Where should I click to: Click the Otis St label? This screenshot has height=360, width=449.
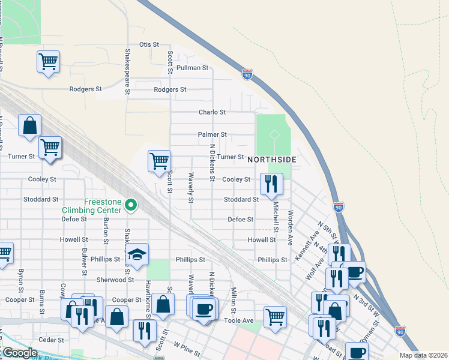point(149,44)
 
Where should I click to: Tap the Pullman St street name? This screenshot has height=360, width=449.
point(192,68)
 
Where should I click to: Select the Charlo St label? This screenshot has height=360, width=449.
point(212,112)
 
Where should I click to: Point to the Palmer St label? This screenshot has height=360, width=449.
point(212,135)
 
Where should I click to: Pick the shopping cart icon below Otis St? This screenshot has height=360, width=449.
point(48,61)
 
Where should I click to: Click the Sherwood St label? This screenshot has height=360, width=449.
point(115,280)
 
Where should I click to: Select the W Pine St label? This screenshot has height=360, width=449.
point(186,346)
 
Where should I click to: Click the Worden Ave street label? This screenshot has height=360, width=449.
point(290,223)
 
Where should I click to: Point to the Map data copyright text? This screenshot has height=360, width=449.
point(423,355)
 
